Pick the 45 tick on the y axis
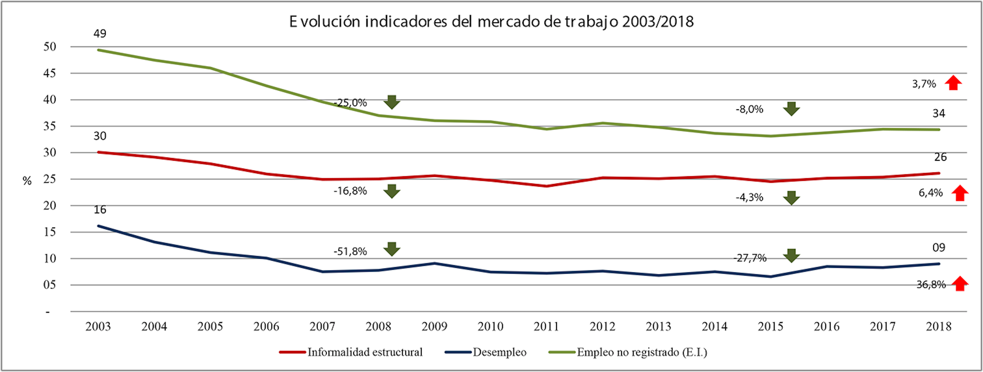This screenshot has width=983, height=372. (x=50, y=73)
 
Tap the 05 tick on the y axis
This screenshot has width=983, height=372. (x=50, y=285)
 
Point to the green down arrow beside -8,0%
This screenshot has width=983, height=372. (x=791, y=109)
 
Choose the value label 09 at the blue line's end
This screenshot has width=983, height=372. (x=939, y=248)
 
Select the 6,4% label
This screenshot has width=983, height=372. (x=930, y=193)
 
